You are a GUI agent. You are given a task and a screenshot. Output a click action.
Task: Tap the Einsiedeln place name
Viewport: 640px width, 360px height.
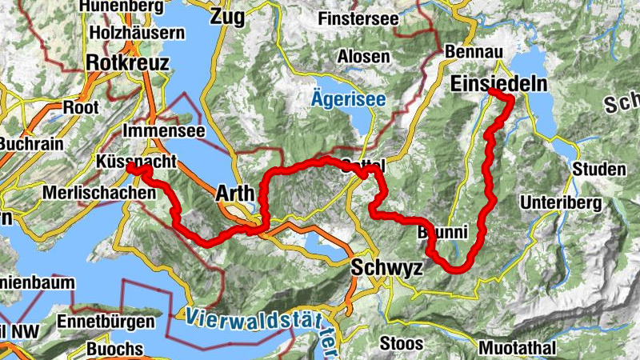(x=499, y=84)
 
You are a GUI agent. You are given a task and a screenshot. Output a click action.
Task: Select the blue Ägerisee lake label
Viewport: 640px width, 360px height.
(x=349, y=100)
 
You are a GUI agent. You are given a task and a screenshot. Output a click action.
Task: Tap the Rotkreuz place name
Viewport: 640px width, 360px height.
(x=127, y=62)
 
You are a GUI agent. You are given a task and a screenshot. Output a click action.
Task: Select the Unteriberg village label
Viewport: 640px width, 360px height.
(x=559, y=202)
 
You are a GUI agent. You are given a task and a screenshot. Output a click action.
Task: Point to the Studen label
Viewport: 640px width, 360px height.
(x=598, y=169)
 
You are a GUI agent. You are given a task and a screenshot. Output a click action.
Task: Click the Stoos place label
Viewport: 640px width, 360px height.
(x=397, y=343)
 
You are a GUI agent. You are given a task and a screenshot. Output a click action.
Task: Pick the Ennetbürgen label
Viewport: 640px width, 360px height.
(x=106, y=322)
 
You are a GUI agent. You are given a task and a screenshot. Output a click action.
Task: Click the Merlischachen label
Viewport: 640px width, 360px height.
(x=99, y=193)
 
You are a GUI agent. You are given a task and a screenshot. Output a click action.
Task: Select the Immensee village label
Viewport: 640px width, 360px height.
(x=164, y=130)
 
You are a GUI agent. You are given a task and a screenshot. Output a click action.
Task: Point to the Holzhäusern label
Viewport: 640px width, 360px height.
(x=138, y=34)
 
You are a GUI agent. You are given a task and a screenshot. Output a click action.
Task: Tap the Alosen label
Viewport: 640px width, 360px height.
(x=364, y=57)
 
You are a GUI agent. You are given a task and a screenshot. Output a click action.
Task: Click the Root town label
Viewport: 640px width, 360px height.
(x=82, y=106)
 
